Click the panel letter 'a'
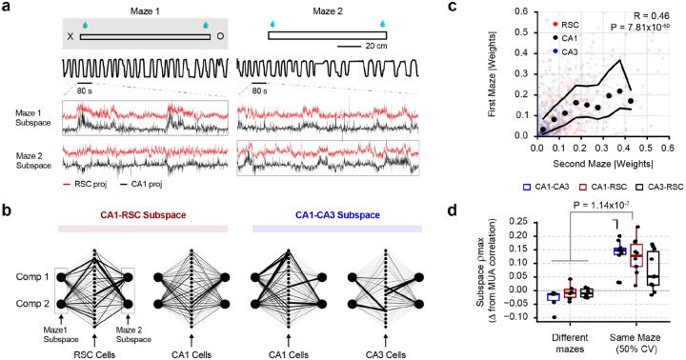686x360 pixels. point(7,8)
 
